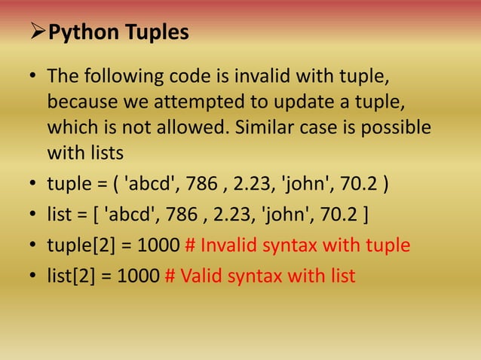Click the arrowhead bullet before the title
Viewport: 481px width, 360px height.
pos(37,34)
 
